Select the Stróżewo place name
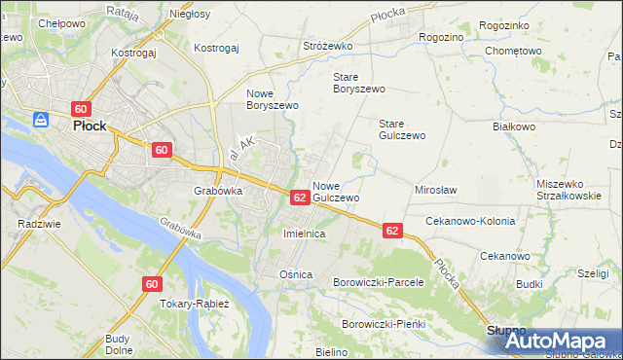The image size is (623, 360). (326, 46)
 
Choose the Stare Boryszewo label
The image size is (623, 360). (359, 82)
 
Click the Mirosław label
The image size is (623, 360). (436, 191)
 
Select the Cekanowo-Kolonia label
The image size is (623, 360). (470, 221)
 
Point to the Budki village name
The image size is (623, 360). (530, 284)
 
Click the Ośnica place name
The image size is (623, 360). (295, 274)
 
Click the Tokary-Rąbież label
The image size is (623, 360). (195, 304)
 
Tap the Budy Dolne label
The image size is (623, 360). (119, 344)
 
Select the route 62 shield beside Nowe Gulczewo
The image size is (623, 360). (300, 198)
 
